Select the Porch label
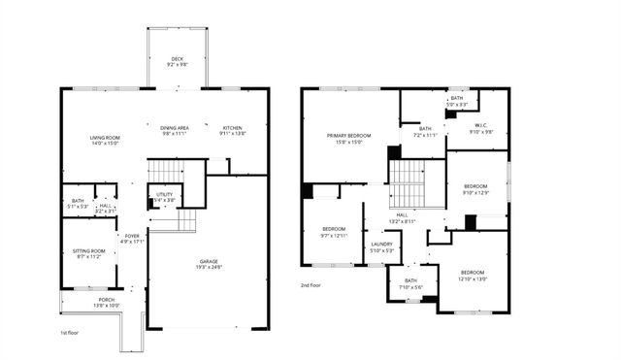106,303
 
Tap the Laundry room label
381,247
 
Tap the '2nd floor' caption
312,285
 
